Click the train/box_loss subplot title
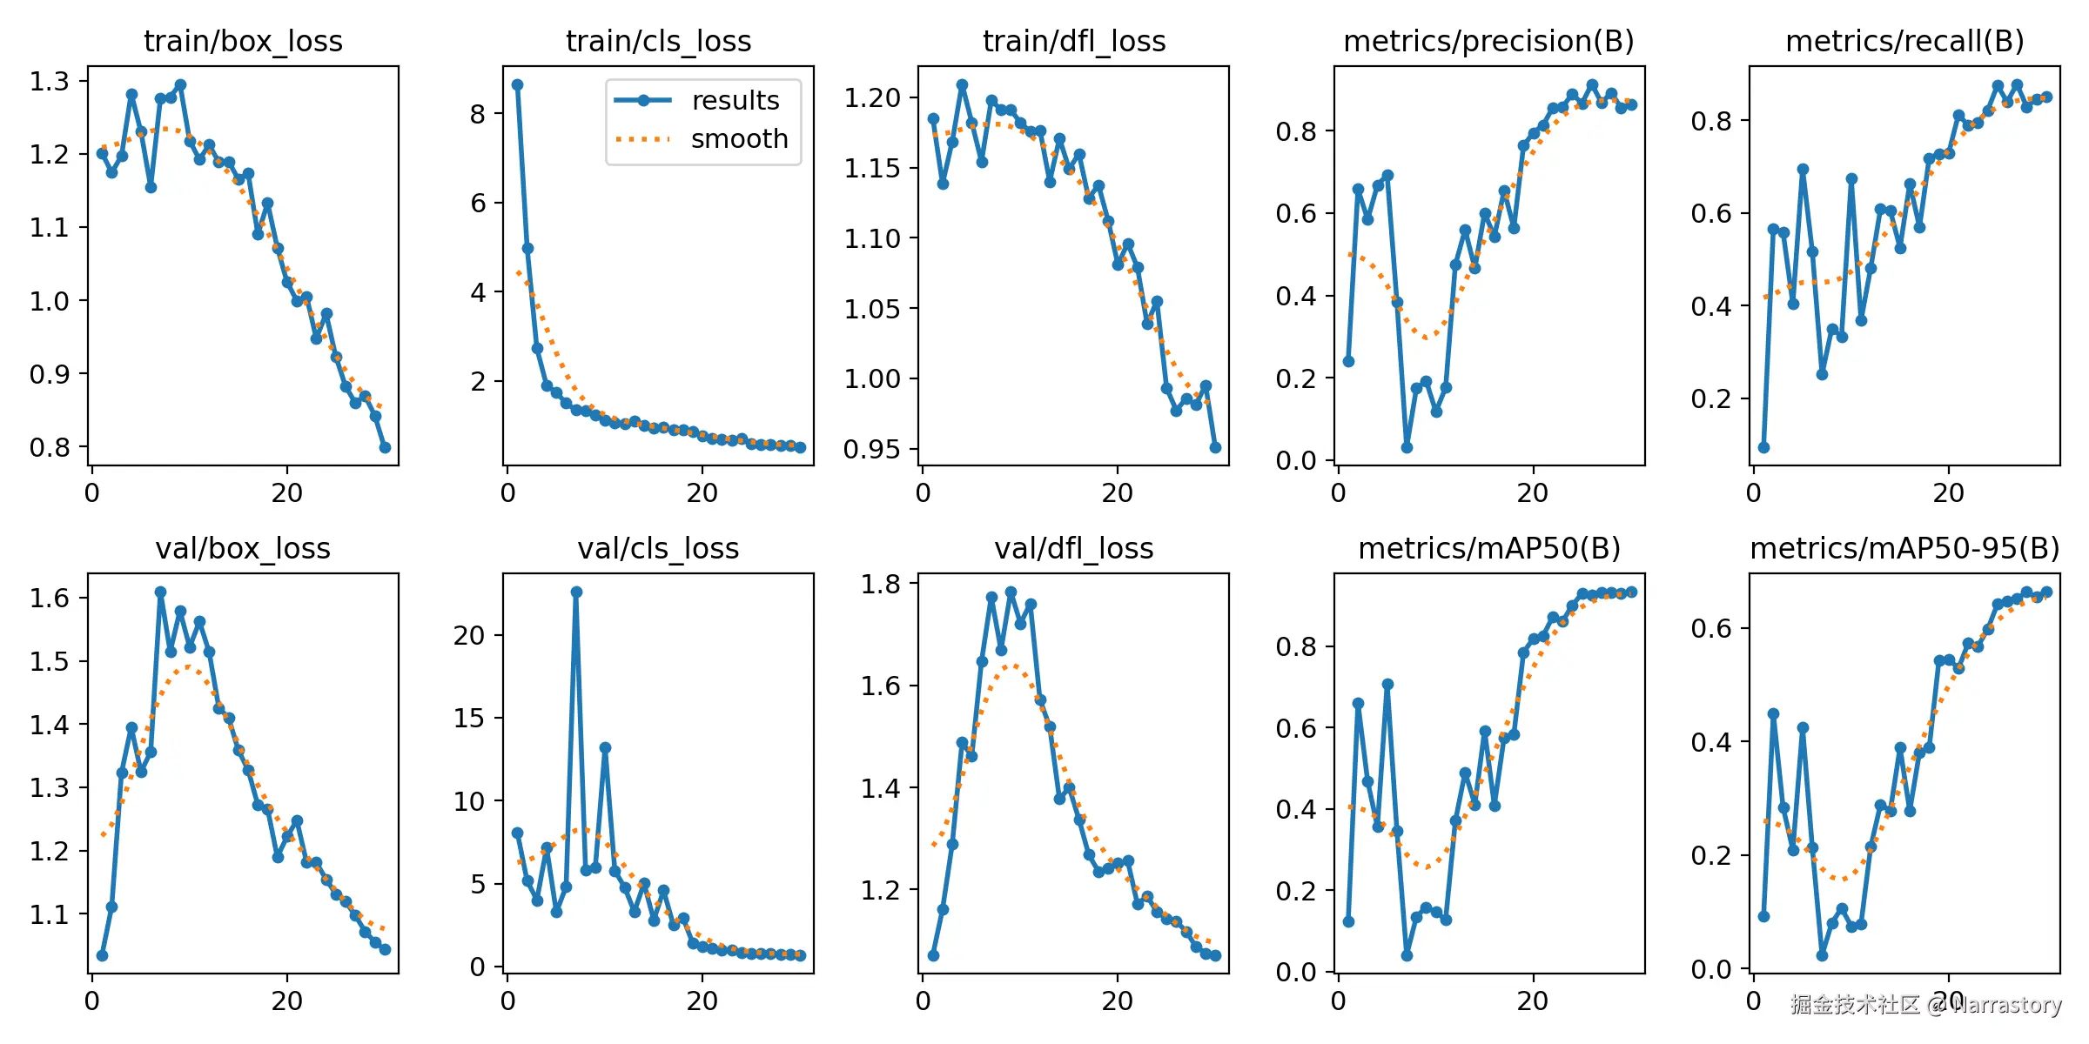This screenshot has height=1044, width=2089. click(243, 41)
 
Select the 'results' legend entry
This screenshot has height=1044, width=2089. click(735, 101)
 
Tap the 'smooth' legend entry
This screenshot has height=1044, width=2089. click(738, 139)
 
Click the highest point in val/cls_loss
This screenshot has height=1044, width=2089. click(576, 592)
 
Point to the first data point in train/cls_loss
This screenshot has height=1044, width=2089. click(517, 84)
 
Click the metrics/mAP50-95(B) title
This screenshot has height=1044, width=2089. click(1904, 548)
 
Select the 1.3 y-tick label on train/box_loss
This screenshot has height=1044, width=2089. click(49, 81)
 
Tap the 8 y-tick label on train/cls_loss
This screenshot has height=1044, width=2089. click(478, 114)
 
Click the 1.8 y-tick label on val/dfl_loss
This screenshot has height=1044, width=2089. click(880, 584)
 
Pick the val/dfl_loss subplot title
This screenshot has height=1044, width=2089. click(1073, 548)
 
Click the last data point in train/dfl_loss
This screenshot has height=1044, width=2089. click(1215, 447)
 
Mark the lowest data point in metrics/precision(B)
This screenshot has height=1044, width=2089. click(1407, 447)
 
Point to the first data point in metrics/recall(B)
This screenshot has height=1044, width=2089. click(1763, 447)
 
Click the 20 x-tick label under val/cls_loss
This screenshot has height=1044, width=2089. click(702, 1001)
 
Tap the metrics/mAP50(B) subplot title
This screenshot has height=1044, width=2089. click(1488, 548)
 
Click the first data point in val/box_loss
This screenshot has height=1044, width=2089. click(102, 955)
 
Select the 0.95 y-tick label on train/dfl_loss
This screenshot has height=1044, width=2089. click(871, 449)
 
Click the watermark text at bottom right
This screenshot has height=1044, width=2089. click(1925, 1005)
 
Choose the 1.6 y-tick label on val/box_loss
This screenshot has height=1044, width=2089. click(49, 598)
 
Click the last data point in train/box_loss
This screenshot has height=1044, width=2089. click(385, 447)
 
